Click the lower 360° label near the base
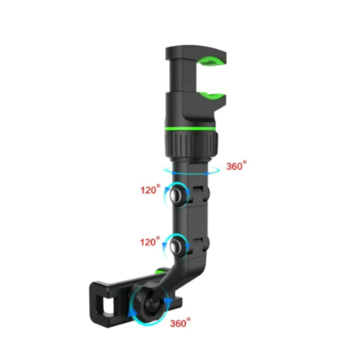click(181, 322)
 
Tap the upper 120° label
click(151, 190)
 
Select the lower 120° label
click(151, 243)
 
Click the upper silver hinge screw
click(180, 194)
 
